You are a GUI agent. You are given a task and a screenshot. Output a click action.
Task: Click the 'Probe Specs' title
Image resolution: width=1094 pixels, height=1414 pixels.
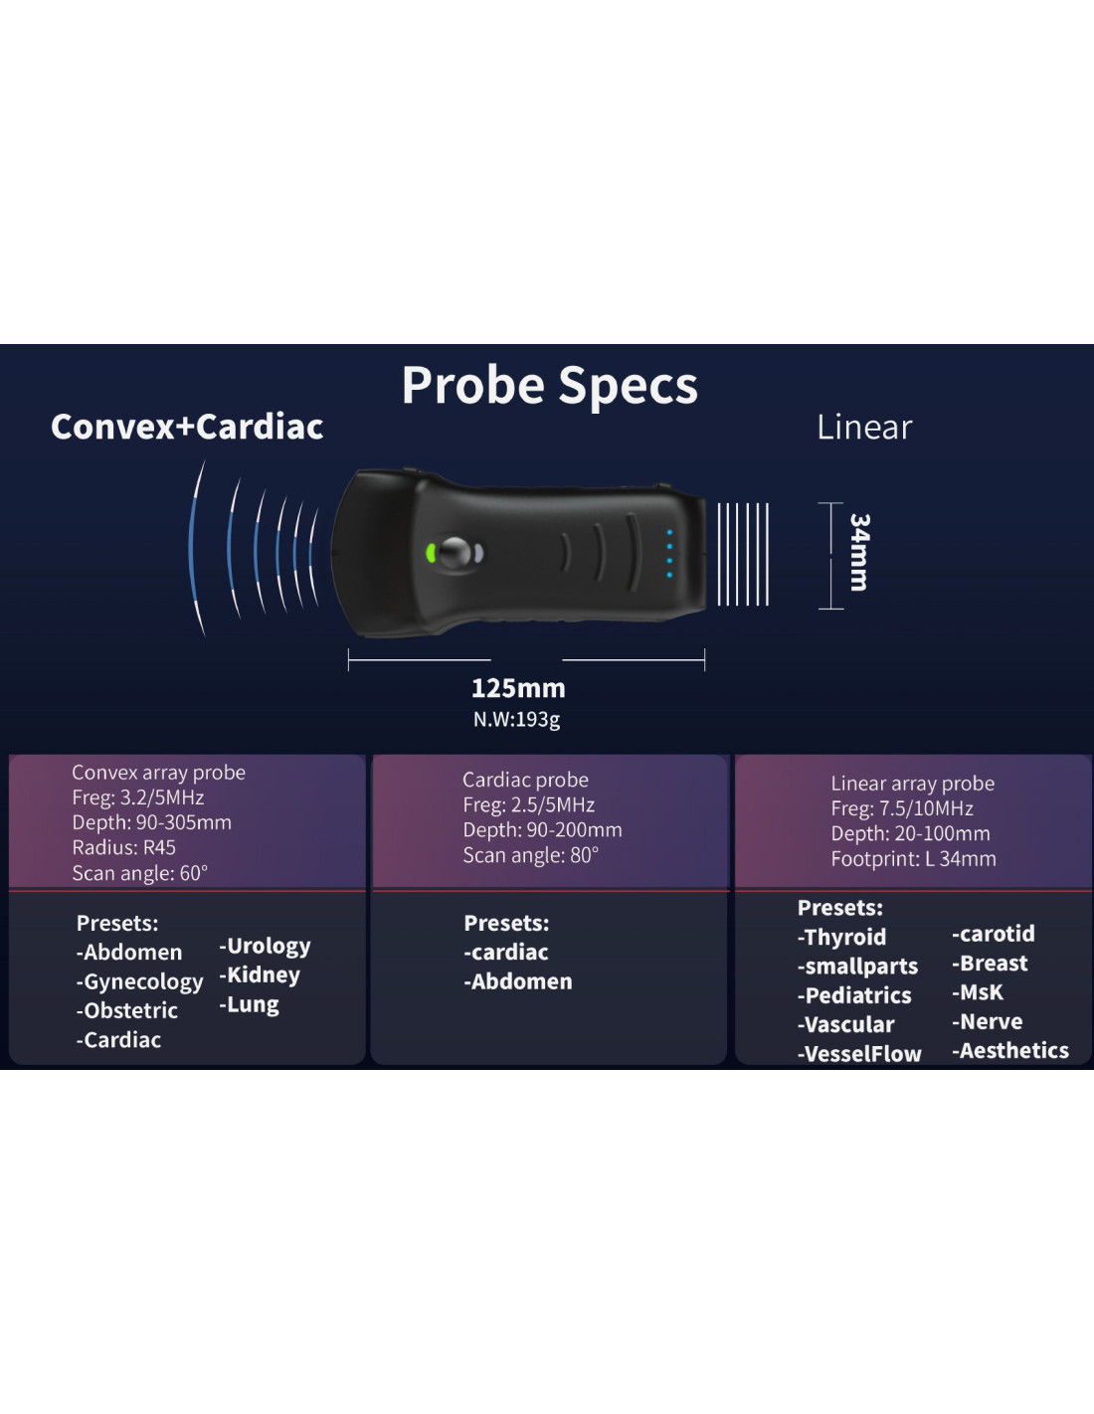tap(549, 386)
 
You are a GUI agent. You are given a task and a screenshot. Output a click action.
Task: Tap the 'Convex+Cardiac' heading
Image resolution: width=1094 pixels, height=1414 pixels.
tap(187, 427)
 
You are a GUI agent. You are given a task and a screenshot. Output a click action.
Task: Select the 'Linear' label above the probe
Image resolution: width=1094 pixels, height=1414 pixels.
tap(863, 428)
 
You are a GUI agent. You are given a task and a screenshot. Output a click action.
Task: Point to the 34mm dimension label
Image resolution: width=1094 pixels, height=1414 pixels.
tap(859, 553)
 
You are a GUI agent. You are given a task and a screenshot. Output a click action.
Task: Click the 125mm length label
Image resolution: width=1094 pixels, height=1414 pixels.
tap(517, 688)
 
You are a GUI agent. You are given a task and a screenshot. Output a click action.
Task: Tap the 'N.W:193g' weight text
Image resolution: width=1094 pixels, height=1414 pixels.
tap(516, 719)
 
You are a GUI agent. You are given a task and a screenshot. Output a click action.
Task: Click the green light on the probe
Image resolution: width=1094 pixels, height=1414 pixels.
tap(431, 553)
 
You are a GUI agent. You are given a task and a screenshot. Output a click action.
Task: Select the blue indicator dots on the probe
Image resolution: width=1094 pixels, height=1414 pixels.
tap(669, 553)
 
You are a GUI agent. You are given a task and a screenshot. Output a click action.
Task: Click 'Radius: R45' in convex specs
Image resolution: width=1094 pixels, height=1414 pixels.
tap(123, 847)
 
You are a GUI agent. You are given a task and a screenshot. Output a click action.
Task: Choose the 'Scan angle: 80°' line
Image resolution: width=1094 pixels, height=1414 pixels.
tap(530, 855)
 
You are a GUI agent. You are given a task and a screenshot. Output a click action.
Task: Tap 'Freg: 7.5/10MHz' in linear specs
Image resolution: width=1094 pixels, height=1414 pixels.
tap(901, 808)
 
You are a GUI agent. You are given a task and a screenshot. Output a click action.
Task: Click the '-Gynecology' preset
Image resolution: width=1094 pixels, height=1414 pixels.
tap(139, 981)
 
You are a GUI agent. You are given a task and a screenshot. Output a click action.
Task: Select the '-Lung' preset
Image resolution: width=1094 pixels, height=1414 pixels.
tap(249, 1004)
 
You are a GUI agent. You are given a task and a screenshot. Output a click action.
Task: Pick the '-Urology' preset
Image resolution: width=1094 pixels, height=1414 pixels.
tap(265, 946)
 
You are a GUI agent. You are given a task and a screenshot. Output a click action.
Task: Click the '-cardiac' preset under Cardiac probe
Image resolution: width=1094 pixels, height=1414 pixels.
tap(505, 953)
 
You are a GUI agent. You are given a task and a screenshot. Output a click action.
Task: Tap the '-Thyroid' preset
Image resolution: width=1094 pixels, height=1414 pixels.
tap(841, 937)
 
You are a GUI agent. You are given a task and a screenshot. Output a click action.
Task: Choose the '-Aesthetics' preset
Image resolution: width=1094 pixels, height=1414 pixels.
tap(1009, 1051)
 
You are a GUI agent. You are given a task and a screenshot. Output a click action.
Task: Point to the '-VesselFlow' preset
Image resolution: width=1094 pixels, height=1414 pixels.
tap(859, 1054)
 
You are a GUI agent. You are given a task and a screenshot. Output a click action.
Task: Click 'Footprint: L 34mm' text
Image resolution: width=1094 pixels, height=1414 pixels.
tap(913, 859)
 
